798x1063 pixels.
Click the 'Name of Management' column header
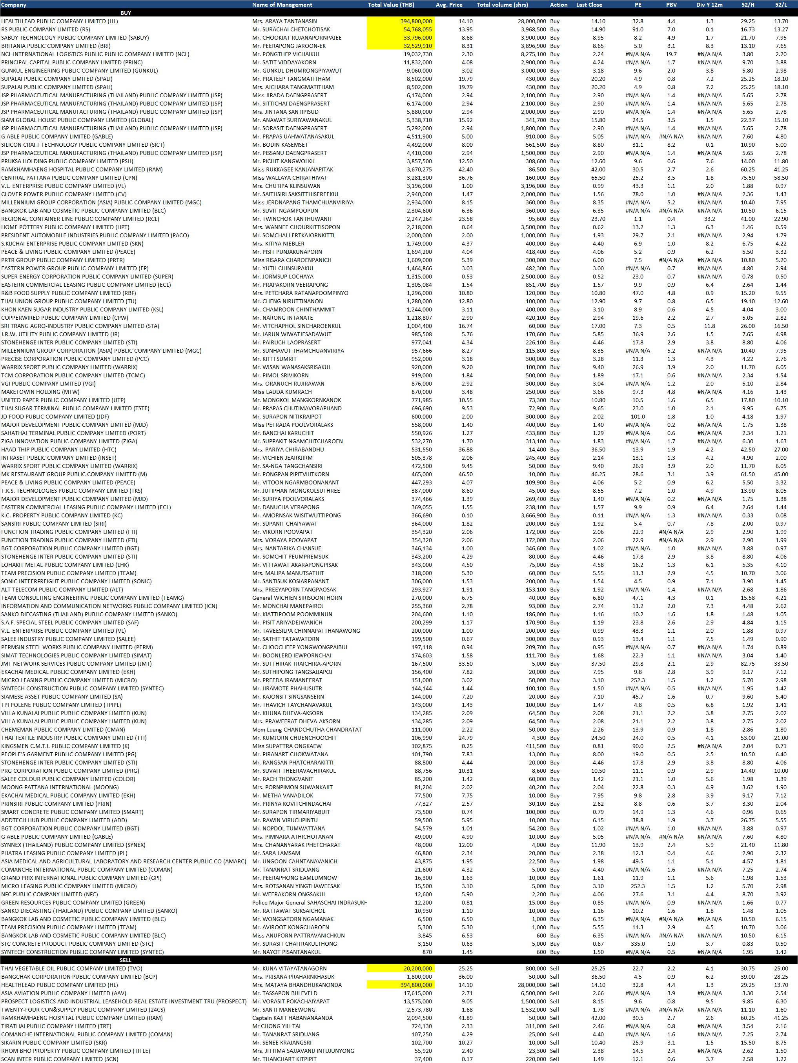[x=282, y=5]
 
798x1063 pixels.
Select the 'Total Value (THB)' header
[x=390, y=5]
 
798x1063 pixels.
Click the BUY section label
[x=126, y=13]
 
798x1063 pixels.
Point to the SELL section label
[x=126, y=960]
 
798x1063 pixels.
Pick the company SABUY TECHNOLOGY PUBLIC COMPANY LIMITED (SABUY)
[x=75, y=38]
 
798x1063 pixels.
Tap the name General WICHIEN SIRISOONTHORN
[x=297, y=598]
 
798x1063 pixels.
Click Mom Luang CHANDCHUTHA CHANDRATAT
[x=307, y=730]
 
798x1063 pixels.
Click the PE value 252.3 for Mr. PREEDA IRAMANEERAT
[x=638, y=680]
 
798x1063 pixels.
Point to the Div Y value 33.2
[x=710, y=218]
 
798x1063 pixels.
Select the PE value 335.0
[x=638, y=943]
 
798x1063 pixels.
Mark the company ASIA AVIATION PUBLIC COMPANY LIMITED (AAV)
[x=63, y=993]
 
